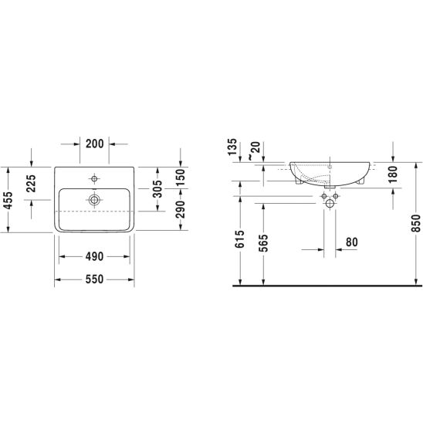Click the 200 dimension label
tap(95, 144)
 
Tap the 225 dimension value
tap(32, 184)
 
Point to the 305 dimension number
tap(157, 189)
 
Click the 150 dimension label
tap(180, 178)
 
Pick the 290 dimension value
tap(180, 209)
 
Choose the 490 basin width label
tap(94, 256)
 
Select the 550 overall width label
tap(94, 279)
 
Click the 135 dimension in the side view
tap(232, 147)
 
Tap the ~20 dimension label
tap(255, 151)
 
